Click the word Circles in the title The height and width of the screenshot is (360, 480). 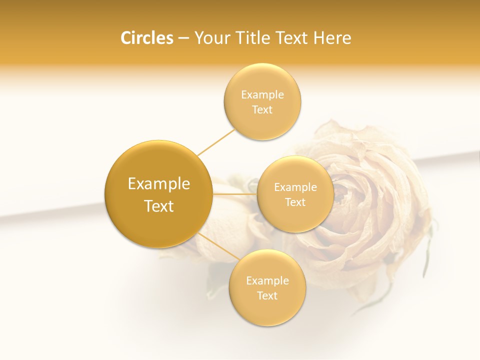click(146, 38)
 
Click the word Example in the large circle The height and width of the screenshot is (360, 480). click(159, 184)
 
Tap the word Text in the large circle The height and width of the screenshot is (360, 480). click(159, 206)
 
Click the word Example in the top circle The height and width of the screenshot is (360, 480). click(262, 95)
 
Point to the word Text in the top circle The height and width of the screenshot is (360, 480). click(262, 109)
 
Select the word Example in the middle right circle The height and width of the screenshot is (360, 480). click(295, 187)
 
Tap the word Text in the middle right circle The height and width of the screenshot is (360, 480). click(295, 202)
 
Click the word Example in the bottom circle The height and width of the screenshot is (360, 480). click(267, 281)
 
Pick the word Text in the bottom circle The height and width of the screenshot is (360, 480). click(267, 295)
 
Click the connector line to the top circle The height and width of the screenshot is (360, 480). click(216, 142)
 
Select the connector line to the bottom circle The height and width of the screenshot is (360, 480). click(219, 246)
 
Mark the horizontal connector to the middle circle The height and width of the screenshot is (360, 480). click(235, 193)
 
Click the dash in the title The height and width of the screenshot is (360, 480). click(183, 38)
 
